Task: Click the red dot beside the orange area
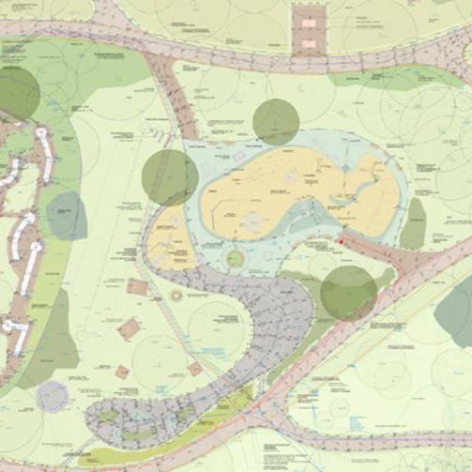[341, 244]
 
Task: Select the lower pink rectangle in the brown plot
[307, 42]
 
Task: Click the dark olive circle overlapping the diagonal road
[348, 292]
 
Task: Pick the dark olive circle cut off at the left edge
[17, 93]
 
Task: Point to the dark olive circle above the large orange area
[276, 121]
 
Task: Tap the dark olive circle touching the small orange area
[170, 177]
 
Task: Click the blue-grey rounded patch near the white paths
[66, 216]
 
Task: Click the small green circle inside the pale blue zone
[235, 257]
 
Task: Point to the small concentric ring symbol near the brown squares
[176, 296]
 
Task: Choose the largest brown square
[129, 329]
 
